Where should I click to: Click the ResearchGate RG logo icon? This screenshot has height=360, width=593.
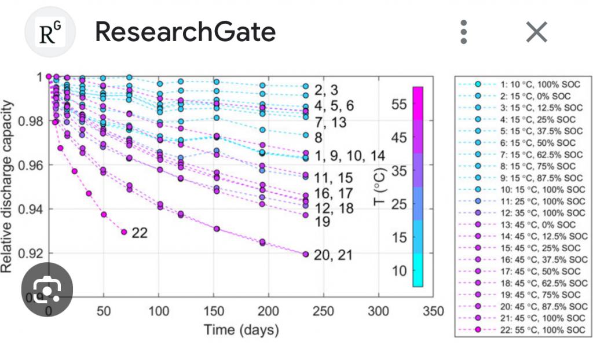coord(49,33)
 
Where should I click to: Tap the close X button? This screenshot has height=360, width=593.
coord(536,32)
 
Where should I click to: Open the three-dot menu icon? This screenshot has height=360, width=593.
coord(463,32)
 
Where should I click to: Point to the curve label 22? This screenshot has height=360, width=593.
coord(139,233)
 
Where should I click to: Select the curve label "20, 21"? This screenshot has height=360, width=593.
coord(332,255)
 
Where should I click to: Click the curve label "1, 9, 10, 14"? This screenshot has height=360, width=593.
coord(349,156)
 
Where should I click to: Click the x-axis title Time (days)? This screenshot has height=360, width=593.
coord(241,331)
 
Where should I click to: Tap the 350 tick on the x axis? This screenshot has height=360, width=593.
coord(433,311)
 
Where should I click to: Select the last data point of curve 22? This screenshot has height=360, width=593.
coord(124,232)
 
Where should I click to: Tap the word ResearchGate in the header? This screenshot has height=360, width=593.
coord(185,33)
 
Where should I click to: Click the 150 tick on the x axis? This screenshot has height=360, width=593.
coord(213,311)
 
